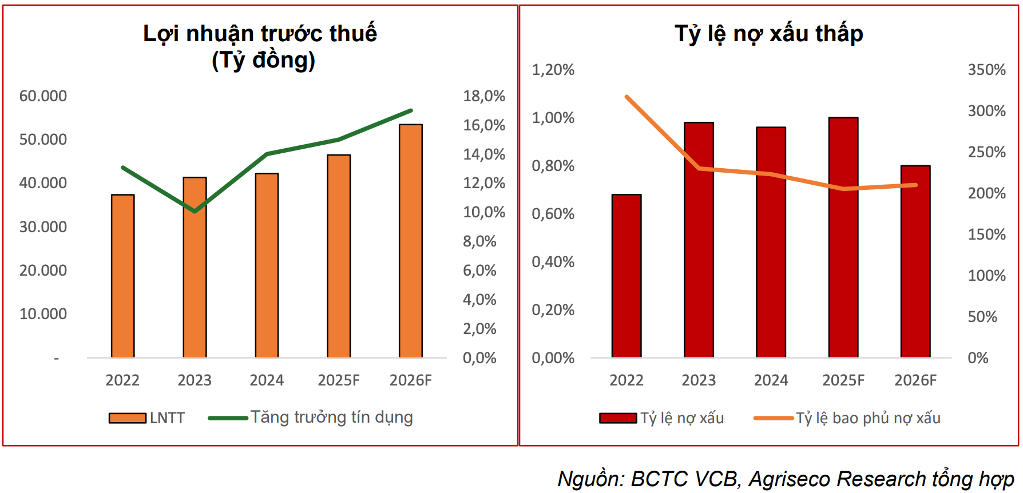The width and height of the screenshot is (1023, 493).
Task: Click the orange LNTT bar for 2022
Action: pos(122,276)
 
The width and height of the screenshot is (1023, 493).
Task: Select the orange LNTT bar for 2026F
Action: pos(411,241)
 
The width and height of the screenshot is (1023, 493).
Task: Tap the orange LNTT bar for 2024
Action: pos(267,265)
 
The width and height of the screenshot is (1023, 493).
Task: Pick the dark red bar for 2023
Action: pos(699,240)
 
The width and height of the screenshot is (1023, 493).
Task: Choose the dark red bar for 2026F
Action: pos(915,261)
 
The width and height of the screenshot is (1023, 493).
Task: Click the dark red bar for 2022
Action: pos(627,276)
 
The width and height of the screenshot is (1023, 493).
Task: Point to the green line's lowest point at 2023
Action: pos(195,211)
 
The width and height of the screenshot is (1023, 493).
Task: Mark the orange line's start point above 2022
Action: pos(627,97)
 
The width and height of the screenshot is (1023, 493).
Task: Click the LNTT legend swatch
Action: pos(127,418)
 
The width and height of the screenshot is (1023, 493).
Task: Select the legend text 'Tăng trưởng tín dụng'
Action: pos(331,418)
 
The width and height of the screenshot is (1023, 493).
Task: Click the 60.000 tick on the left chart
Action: pos(43,96)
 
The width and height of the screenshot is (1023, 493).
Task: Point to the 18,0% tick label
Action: pos(484,96)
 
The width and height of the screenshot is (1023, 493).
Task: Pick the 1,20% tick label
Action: pos(553,70)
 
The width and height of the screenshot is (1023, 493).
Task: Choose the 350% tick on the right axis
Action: pos(986,70)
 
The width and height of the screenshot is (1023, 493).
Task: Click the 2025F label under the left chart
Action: pos(339,380)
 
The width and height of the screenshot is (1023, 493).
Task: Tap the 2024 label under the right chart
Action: pos(771,380)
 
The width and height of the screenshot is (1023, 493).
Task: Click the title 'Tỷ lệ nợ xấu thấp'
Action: pos(768,34)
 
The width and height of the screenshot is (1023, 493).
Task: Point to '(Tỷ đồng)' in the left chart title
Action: pos(263,60)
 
